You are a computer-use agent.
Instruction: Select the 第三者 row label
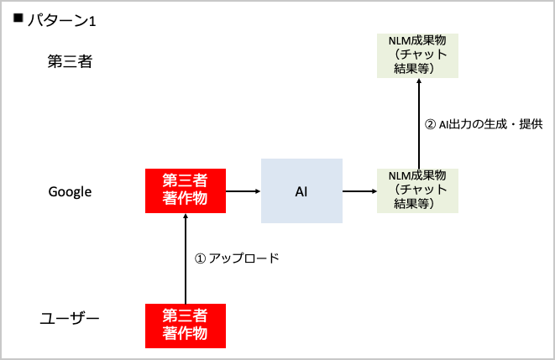tap(69, 61)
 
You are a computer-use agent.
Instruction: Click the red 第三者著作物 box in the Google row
tap(185, 190)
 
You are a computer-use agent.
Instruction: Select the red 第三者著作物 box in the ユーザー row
tap(185, 325)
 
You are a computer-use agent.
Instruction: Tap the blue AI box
tap(301, 191)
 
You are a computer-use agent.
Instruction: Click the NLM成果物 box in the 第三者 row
tap(417, 55)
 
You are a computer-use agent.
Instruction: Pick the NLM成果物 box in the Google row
tap(417, 190)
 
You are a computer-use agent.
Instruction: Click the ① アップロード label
tap(236, 258)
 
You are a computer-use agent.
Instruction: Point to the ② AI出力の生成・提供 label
tap(484, 124)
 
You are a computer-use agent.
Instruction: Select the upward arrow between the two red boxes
tap(185, 257)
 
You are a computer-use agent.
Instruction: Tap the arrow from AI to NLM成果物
tap(359, 191)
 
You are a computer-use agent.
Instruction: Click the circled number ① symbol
tap(200, 258)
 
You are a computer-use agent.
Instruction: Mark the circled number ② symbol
tap(431, 124)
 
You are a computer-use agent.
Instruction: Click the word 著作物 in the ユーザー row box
tap(185, 333)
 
